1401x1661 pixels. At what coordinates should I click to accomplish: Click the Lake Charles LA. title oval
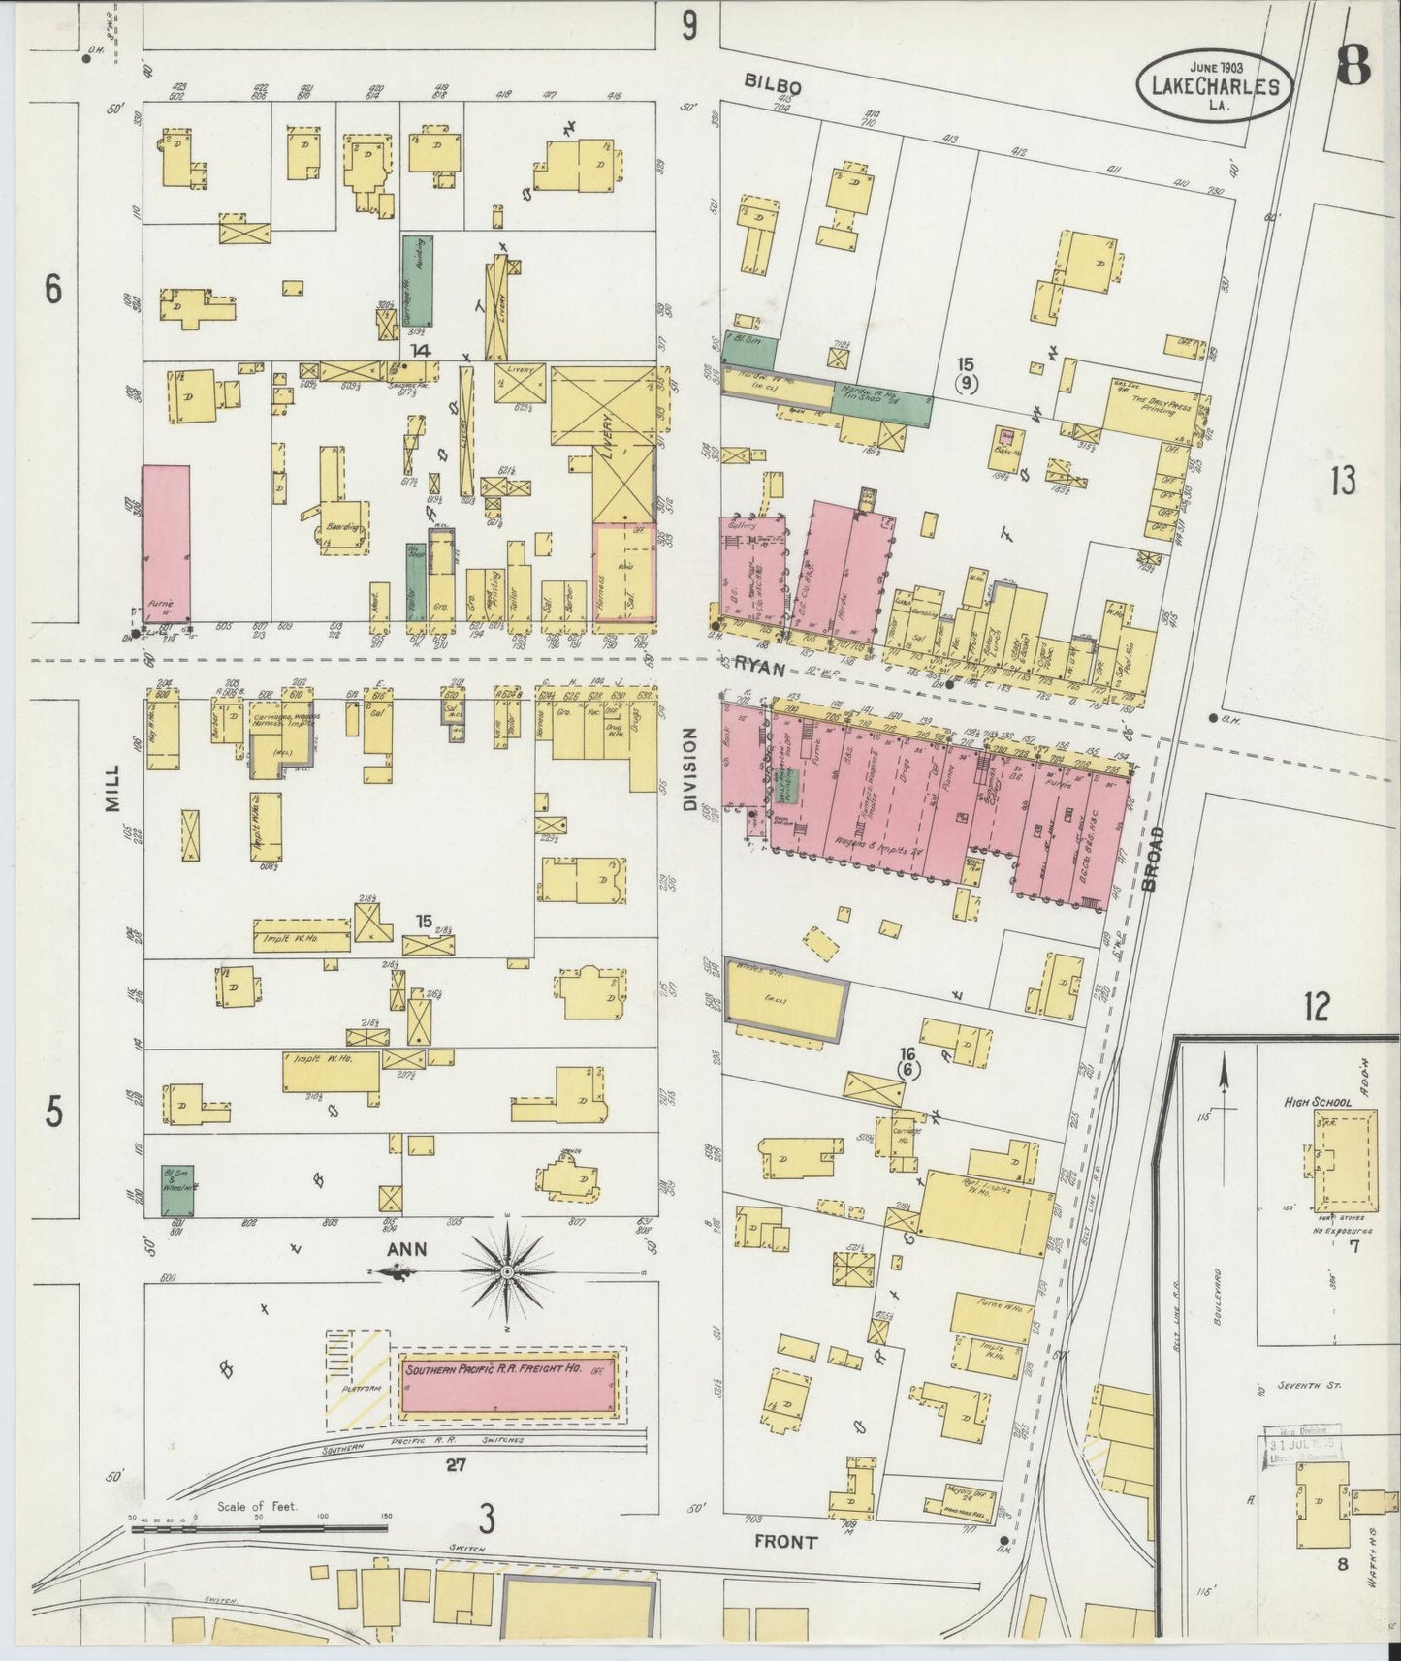click(x=1214, y=86)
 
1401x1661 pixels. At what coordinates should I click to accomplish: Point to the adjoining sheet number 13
click(x=1342, y=481)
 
